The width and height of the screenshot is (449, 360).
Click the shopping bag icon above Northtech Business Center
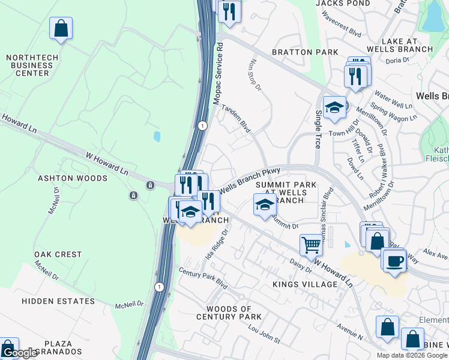pos(61,28)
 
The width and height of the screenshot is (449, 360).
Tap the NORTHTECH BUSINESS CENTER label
pos(28,65)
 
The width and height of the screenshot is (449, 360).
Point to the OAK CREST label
pos(58,254)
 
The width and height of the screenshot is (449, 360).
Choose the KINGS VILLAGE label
pos(305,284)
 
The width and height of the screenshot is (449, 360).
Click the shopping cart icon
pos(311,244)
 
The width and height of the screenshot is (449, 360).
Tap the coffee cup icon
pos(394,261)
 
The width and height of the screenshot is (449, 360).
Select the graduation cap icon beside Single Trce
pos(334,108)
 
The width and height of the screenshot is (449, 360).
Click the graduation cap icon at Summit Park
pos(265,205)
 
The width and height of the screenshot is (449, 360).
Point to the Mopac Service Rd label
pos(220,73)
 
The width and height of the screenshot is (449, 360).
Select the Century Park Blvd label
pos(203,277)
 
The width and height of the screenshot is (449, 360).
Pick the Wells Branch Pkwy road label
pos(250,180)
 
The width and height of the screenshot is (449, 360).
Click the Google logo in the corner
pos(19,353)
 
